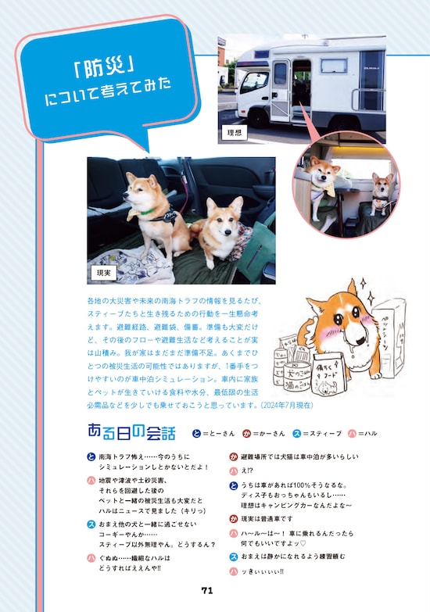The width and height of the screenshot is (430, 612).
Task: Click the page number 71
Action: pos(207,590)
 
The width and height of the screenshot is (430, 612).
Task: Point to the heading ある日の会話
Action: pos(131,432)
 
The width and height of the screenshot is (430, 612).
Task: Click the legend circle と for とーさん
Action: pos(185,432)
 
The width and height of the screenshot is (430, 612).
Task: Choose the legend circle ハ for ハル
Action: pos(352,432)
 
